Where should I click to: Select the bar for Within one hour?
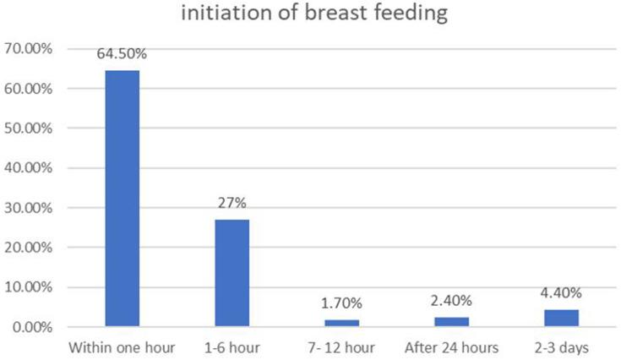[x=123, y=198]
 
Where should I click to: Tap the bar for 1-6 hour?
[x=232, y=272]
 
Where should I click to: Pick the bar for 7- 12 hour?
[x=341, y=323]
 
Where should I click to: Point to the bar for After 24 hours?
[x=451, y=321]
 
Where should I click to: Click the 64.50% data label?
[x=123, y=55]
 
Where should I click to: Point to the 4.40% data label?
[x=561, y=293]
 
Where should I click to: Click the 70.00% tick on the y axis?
[x=30, y=49]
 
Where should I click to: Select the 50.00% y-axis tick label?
[x=30, y=128]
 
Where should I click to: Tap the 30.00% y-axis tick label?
[x=30, y=208]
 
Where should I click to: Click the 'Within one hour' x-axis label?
[x=123, y=346]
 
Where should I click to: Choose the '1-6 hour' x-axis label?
[x=232, y=346]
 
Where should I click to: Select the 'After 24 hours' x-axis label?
[x=451, y=346]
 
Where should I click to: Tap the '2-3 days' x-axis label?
[x=561, y=346]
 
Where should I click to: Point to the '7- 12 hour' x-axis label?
[x=341, y=346]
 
